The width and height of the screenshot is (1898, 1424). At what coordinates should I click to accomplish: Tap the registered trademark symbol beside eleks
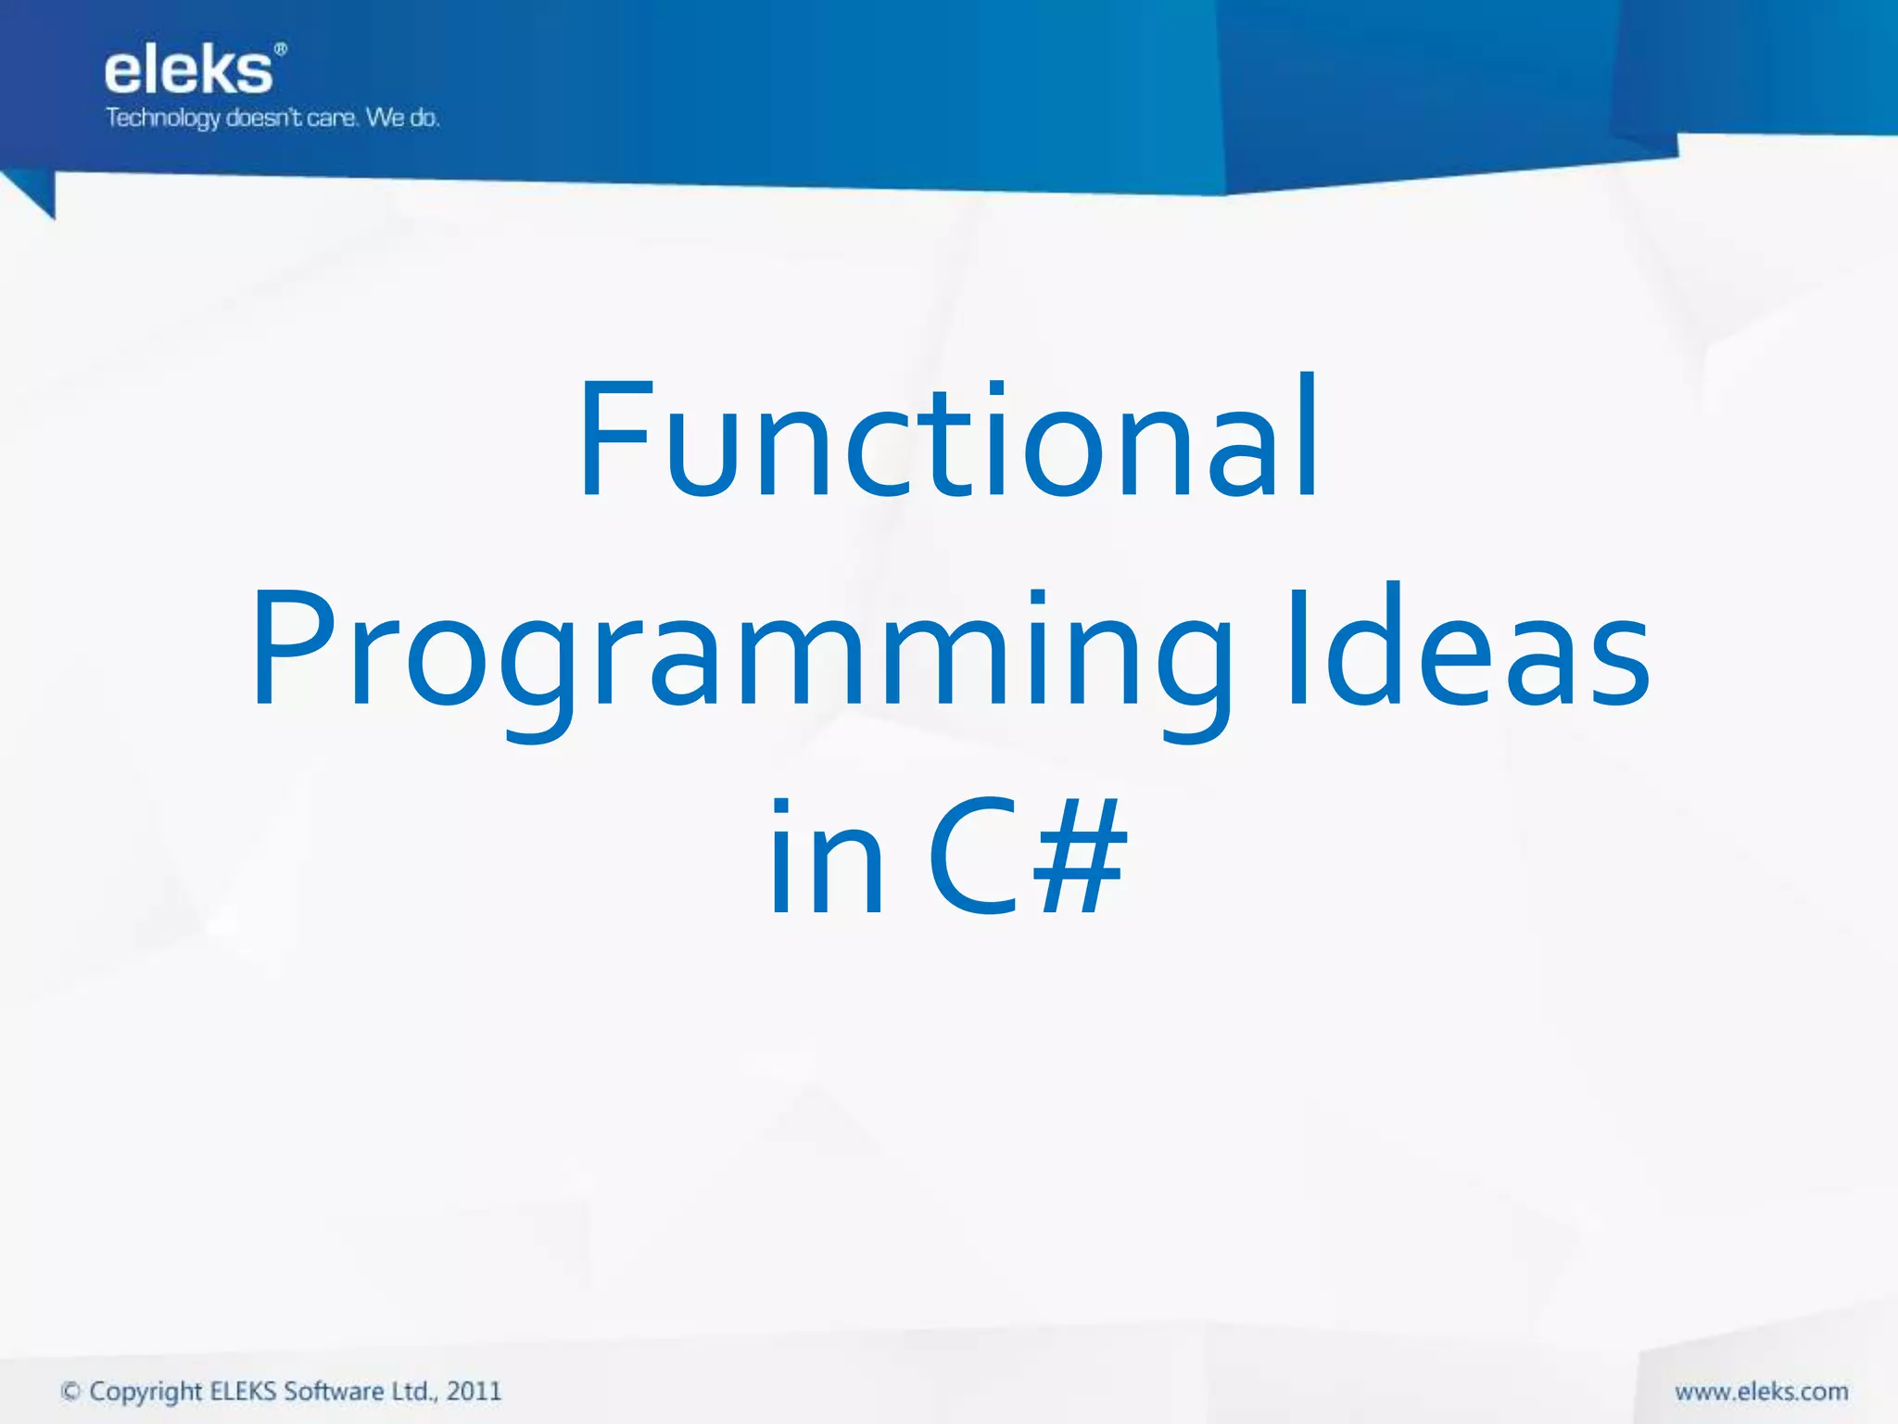pos(281,49)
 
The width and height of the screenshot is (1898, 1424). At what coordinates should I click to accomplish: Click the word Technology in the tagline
pos(162,119)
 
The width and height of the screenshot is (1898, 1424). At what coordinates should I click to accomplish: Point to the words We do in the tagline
pos(402,118)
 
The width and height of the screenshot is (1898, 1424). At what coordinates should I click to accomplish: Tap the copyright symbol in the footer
pos(70,1392)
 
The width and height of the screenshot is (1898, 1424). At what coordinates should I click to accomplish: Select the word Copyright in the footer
pos(146,1392)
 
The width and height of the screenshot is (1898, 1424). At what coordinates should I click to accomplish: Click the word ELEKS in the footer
pos(243,1392)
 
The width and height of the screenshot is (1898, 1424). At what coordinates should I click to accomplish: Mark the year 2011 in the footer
pos(474,1392)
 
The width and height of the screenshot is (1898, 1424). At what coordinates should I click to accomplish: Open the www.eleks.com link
pos(1761,1392)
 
